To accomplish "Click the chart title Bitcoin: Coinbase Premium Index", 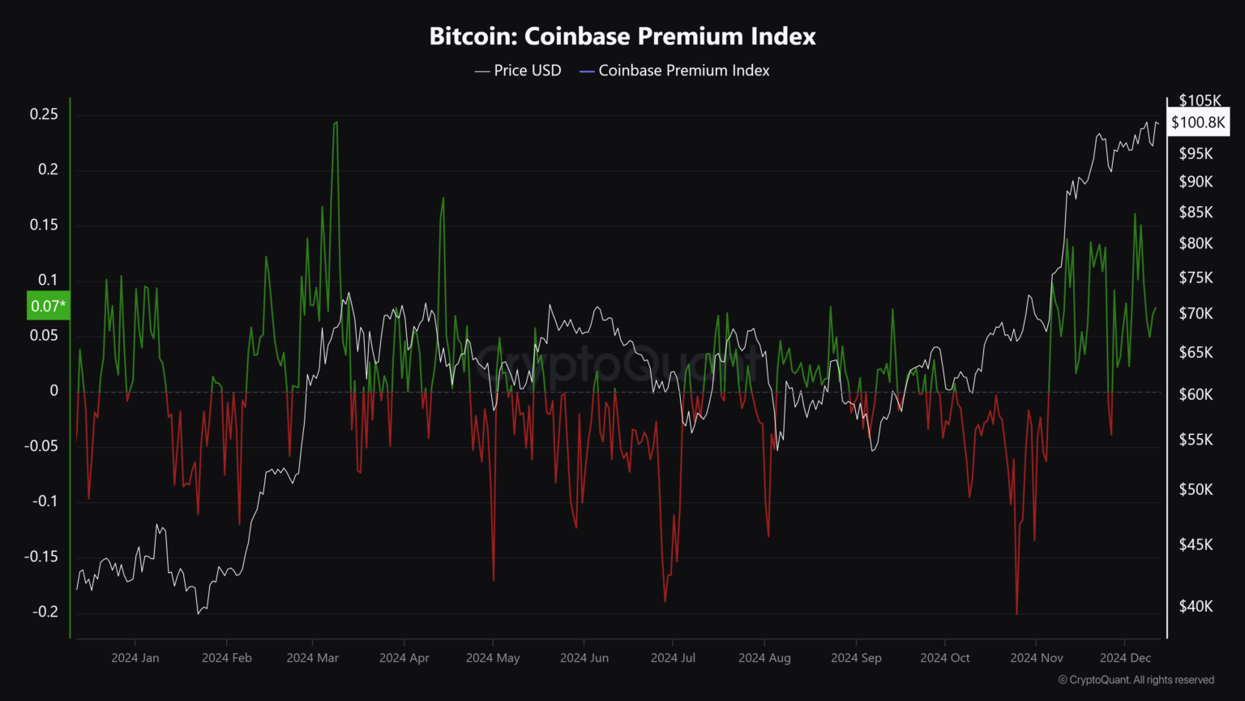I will click(622, 37).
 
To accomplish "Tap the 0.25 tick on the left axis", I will click(44, 114).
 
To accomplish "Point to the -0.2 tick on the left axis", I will click(45, 612).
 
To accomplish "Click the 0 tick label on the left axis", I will click(54, 390).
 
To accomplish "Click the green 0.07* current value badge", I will click(49, 306).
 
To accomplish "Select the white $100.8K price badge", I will click(1198, 123).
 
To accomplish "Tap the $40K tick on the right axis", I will click(1196, 606).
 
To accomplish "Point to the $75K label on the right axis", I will click(1196, 278).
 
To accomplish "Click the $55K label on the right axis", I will click(1196, 440).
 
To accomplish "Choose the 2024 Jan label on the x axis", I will click(135, 658).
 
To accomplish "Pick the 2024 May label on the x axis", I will click(493, 658).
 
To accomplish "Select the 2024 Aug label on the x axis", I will click(764, 658).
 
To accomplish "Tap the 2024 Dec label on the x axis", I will click(1125, 658).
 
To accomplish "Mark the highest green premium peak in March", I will click(336, 123).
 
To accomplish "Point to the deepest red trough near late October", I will click(1016, 613).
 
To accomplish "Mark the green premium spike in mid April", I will click(443, 199).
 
